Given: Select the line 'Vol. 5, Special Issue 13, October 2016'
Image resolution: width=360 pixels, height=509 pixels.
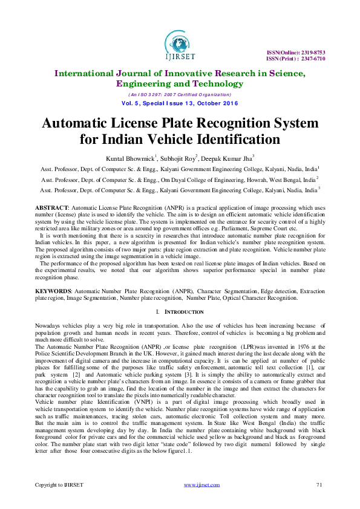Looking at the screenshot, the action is (x=180, y=103).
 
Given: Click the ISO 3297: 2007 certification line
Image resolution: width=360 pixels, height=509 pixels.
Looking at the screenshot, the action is (x=180, y=94).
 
